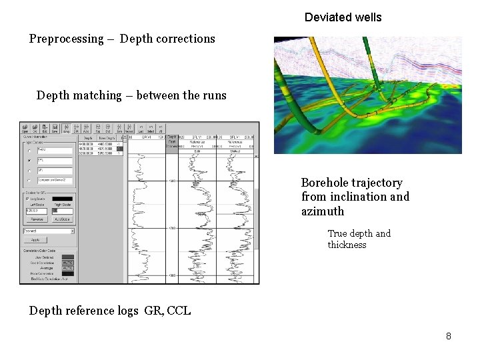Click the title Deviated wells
(343, 17)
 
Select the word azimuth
(323, 211)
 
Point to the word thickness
(347, 245)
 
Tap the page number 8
(449, 336)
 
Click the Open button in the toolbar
(25, 127)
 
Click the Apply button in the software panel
(36, 240)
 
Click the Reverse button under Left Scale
(37, 219)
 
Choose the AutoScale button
(62, 219)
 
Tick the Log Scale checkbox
(27, 199)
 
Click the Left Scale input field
(37, 211)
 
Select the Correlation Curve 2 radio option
(29, 181)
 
